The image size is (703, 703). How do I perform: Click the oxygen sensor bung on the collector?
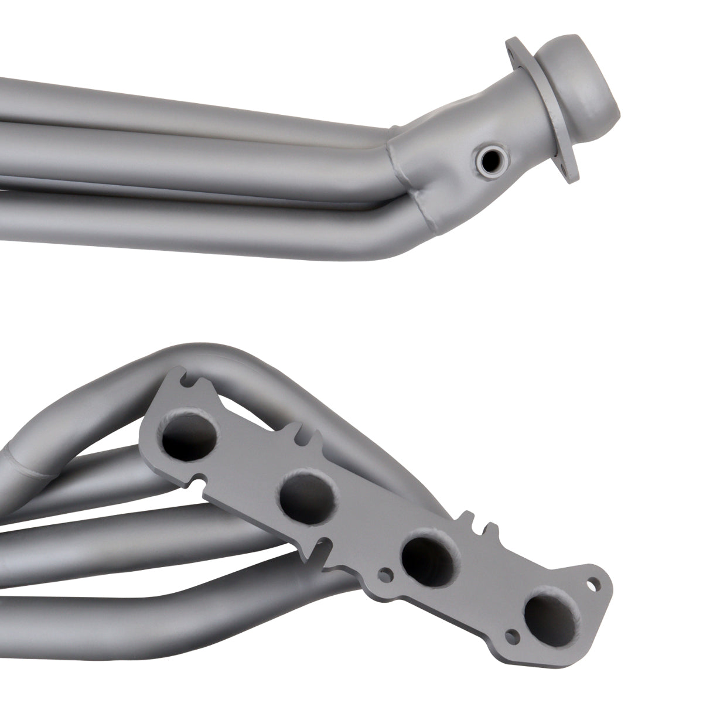tap(487, 159)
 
